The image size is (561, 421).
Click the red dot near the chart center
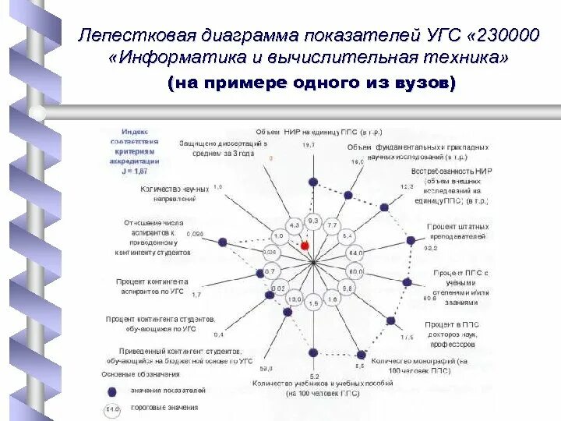305,245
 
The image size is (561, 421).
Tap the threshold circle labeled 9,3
313,221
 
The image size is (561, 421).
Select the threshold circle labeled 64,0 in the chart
355,253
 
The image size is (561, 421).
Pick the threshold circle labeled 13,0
294,299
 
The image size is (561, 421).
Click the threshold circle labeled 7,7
333,225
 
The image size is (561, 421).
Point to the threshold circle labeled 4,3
294,225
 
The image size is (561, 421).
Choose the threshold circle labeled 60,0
355,272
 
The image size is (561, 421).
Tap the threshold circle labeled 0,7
270,271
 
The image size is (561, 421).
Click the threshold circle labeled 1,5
313,303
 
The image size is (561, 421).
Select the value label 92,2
430,247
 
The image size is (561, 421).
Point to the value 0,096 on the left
196,233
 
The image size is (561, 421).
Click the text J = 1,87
140,170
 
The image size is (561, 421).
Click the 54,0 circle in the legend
112,408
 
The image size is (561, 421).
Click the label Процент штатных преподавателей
457,232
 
